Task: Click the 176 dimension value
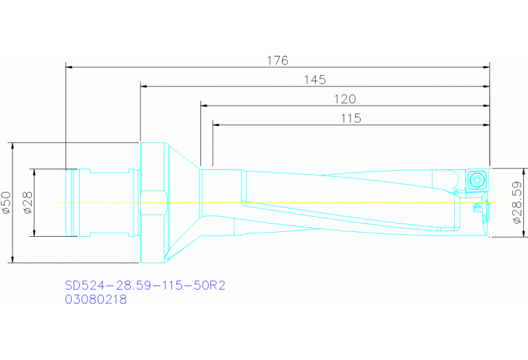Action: point(277,60)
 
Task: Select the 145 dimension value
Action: point(315,80)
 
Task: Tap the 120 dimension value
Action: point(345,98)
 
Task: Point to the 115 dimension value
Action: point(350,118)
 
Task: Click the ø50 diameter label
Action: point(6,202)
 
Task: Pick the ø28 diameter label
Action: point(28,202)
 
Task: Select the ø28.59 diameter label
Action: point(518,202)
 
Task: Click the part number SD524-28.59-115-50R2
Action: point(145,286)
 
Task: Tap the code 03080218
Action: point(96,300)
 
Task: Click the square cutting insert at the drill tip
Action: point(474,180)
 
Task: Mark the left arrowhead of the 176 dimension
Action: point(69,67)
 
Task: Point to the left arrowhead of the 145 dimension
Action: point(144,87)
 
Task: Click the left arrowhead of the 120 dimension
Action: point(204,106)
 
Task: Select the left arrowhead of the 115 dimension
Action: point(217,125)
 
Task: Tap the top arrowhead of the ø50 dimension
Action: point(12,146)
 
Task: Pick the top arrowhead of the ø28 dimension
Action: point(33,172)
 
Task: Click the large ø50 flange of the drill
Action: point(153,202)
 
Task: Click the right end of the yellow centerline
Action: point(494,202)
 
